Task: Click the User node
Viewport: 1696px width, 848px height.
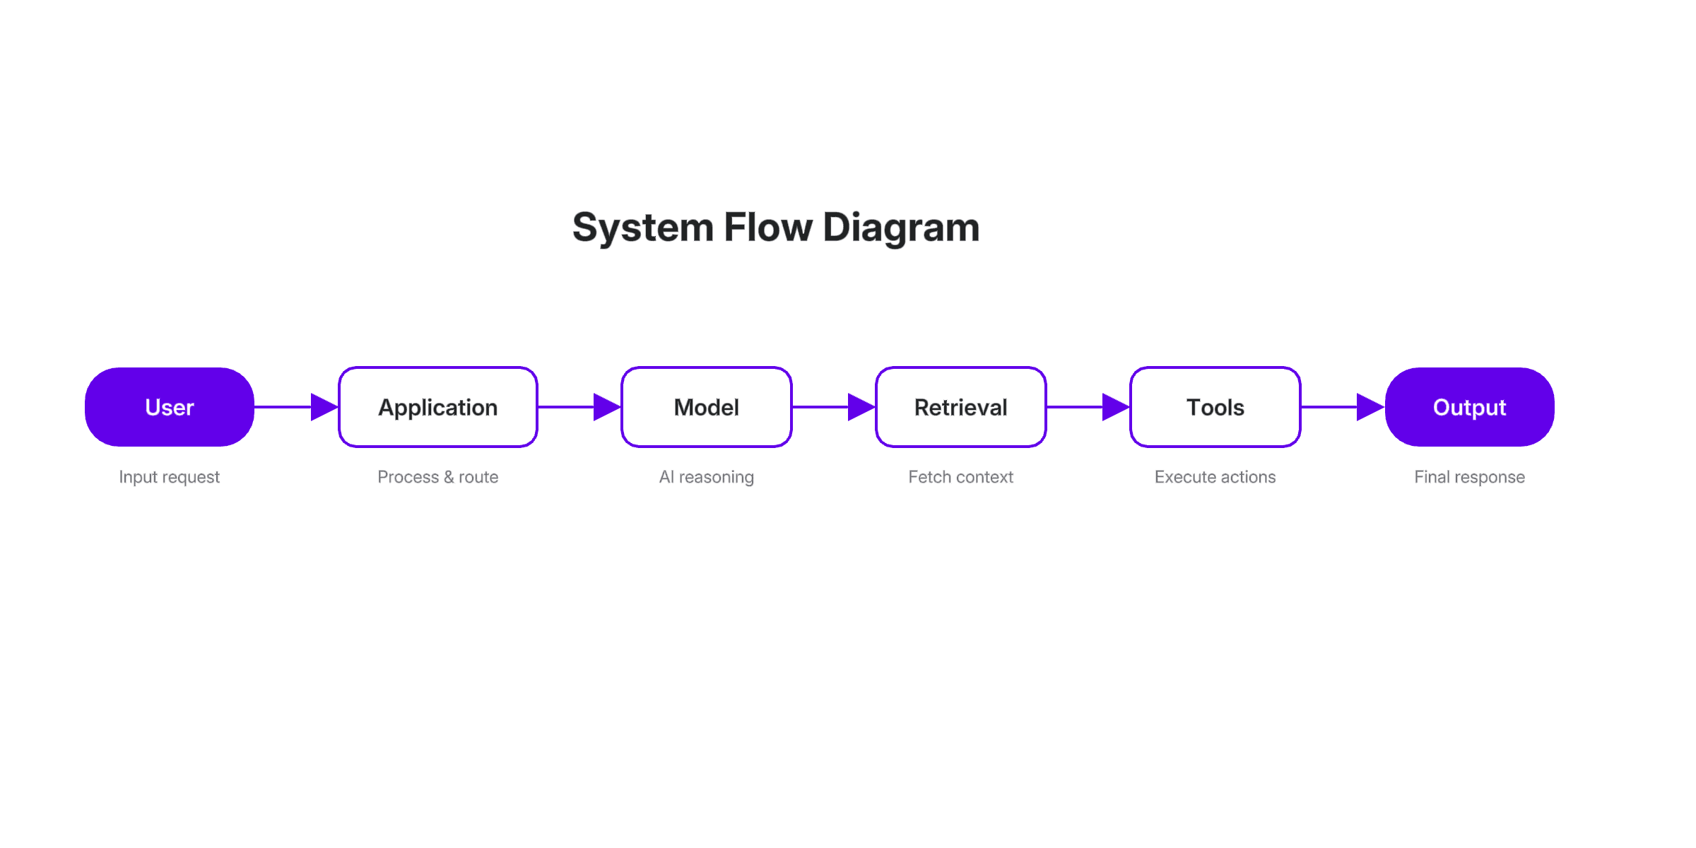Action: pos(169,407)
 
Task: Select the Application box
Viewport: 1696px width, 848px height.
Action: pos(437,407)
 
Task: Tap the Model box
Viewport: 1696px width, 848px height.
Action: pos(706,407)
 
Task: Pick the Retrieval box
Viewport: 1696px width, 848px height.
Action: pos(960,407)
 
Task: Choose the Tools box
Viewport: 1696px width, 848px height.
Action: pos(1215,407)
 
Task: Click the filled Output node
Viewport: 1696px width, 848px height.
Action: pos(1469,407)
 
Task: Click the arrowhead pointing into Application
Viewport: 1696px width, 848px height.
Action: pos(324,407)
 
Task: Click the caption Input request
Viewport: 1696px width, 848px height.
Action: pos(169,477)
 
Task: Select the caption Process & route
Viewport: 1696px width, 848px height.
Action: pos(437,477)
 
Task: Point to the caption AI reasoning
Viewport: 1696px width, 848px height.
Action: pos(706,477)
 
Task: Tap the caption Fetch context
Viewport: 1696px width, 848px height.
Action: pos(960,477)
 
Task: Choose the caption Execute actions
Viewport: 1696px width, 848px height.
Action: pos(1215,477)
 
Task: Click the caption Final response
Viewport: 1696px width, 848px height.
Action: pos(1469,477)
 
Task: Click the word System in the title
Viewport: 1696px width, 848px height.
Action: pos(642,228)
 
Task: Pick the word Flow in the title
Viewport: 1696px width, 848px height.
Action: pos(767,228)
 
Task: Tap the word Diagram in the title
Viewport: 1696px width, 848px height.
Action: pos(901,228)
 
